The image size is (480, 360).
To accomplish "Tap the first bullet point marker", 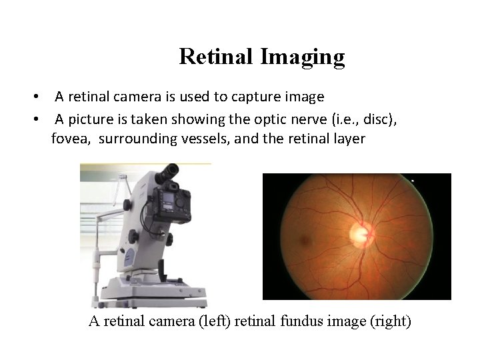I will tap(39, 97).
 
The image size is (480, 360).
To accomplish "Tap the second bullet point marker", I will tap(39, 119).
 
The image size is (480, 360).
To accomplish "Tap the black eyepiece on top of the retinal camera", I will tap(169, 173).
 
